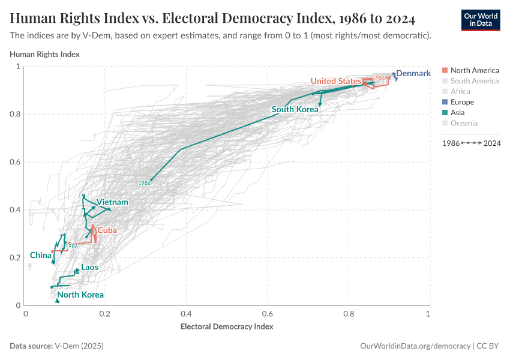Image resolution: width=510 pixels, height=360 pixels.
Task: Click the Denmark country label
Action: click(x=413, y=74)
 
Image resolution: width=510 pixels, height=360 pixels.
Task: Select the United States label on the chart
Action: click(x=335, y=81)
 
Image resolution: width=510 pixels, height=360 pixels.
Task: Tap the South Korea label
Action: click(x=295, y=109)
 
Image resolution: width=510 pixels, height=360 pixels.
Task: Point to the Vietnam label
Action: click(x=112, y=202)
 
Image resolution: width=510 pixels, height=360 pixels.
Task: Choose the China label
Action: click(x=40, y=255)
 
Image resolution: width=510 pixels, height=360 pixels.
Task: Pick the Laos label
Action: click(x=89, y=267)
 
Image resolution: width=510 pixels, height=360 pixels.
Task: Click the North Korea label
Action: click(x=80, y=295)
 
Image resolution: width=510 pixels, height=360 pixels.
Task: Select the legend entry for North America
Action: click(x=474, y=70)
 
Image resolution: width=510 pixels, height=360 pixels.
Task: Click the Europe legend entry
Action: click(x=466, y=102)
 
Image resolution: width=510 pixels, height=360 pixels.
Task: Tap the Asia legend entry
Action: click(x=461, y=112)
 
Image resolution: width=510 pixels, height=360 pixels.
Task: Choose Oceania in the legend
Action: click(x=464, y=123)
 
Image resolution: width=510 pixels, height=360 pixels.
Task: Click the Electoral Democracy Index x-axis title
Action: click(x=227, y=327)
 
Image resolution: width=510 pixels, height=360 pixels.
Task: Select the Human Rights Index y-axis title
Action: click(x=45, y=54)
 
